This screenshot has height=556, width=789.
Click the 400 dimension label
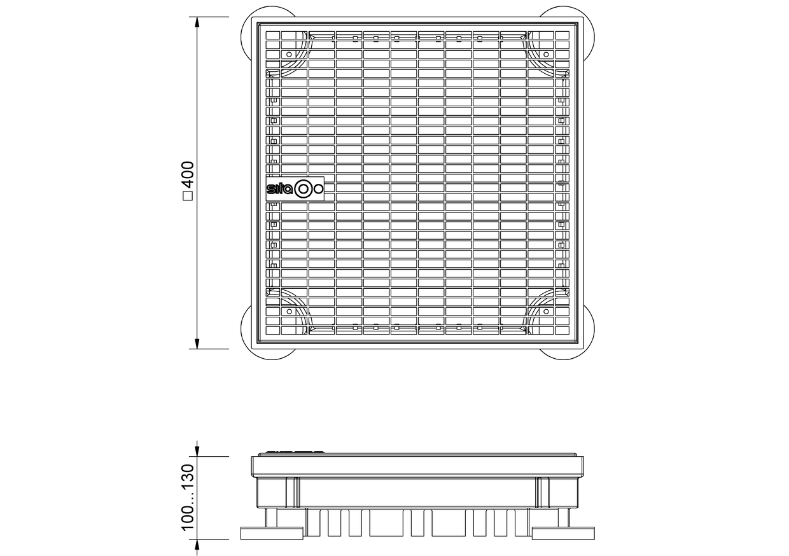pos(189,175)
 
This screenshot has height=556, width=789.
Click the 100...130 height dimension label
pos(188,497)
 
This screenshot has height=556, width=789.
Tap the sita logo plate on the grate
pos(295,189)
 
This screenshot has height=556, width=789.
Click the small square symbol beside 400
pos(189,196)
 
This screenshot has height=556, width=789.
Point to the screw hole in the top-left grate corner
pos(289,54)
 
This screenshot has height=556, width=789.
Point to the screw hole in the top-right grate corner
pos(547,54)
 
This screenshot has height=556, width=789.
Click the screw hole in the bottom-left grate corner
pos(289,311)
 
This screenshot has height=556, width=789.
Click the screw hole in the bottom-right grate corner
pos(547,311)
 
